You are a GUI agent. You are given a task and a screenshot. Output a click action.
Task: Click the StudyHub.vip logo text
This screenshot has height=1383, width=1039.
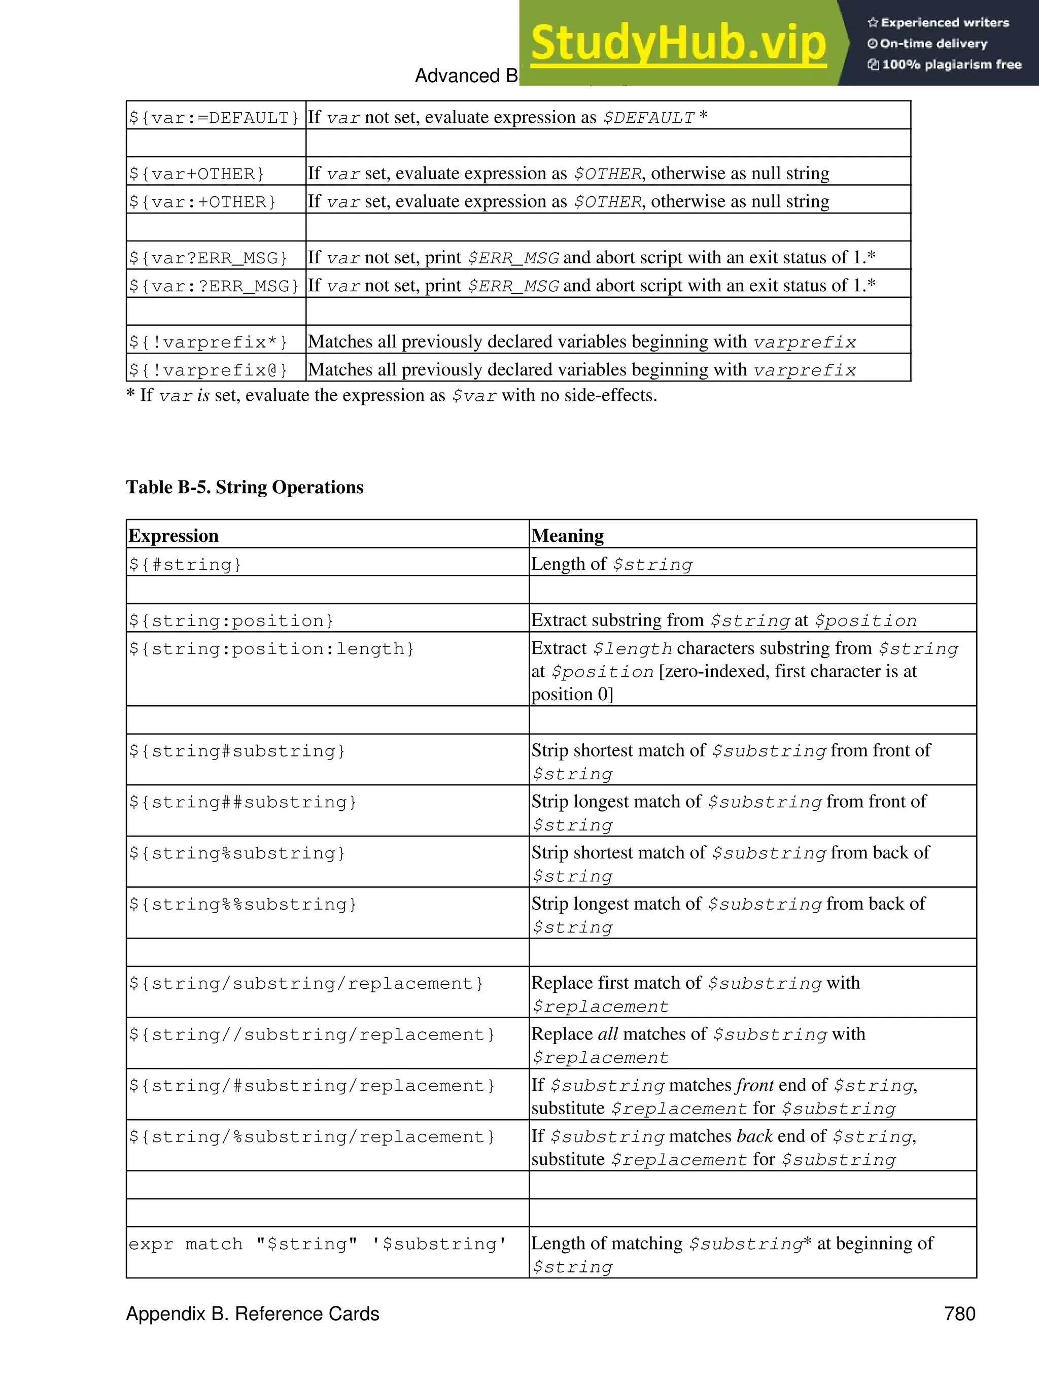click(x=678, y=44)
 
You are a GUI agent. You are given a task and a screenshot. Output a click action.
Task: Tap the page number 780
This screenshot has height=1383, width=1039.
click(x=960, y=1313)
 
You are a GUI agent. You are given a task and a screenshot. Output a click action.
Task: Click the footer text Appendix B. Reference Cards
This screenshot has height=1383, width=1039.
click(x=253, y=1313)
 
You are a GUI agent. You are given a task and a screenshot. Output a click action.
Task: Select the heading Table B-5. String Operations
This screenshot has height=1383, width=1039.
click(x=245, y=487)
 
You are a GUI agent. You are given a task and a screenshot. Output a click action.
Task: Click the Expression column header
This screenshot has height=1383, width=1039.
click(x=173, y=536)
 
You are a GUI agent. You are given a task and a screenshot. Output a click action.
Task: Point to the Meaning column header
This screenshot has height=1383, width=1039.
click(x=567, y=536)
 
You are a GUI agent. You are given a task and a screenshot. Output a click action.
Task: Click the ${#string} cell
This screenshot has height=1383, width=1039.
click(x=185, y=565)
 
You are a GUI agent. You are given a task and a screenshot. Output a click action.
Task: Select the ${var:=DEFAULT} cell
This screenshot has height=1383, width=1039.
click(x=215, y=118)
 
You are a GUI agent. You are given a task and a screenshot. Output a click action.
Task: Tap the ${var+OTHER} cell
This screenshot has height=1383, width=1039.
click(x=196, y=174)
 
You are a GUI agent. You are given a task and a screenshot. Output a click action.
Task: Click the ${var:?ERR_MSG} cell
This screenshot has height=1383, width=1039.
click(x=215, y=286)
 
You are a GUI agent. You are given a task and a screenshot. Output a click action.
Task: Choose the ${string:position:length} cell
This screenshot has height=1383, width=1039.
click(x=271, y=649)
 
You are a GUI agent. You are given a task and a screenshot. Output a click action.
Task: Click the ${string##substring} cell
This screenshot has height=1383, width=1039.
click(x=243, y=802)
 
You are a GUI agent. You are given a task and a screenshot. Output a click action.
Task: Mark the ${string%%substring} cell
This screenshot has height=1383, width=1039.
click(x=243, y=905)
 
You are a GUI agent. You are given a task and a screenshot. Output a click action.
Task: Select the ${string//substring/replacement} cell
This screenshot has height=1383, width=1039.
click(x=312, y=1035)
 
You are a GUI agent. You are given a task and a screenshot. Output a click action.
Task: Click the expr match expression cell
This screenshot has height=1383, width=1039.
click(x=317, y=1244)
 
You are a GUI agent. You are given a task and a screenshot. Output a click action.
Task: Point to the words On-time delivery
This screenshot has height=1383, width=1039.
click(x=933, y=44)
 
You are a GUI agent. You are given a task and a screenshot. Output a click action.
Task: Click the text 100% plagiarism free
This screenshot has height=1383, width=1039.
click(x=951, y=64)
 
